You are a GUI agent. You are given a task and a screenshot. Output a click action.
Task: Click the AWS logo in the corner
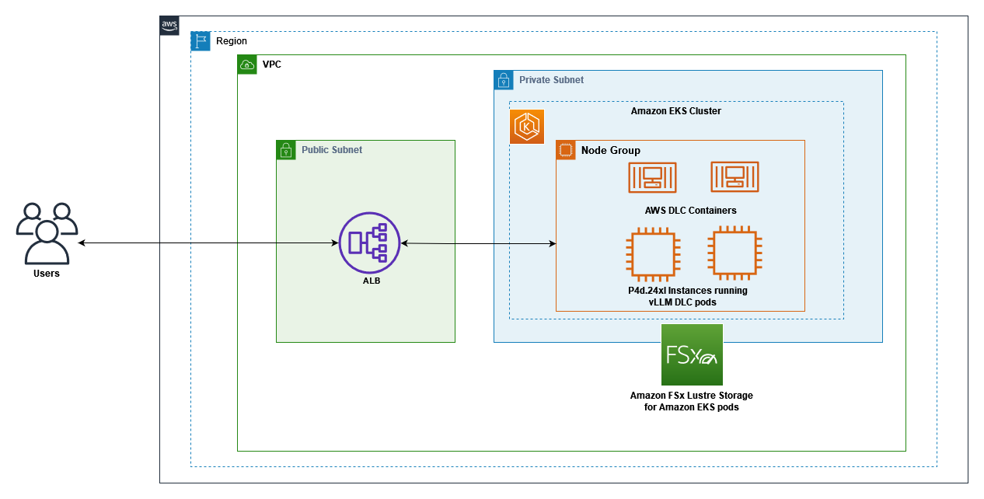169,26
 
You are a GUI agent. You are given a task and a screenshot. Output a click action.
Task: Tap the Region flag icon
201,41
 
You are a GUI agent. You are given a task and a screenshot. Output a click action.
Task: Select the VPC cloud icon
247,65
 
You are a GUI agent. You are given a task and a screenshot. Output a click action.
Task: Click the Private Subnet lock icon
504,80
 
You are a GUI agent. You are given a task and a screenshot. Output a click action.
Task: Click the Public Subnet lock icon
286,150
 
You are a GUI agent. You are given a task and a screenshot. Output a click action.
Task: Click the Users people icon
47,233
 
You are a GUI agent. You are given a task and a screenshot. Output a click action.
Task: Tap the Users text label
47,274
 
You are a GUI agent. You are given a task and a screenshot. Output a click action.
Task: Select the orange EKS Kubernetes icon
527,127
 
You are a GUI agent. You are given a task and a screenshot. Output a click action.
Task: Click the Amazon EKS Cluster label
675,111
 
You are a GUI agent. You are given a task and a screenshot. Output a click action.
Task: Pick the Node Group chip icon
566,150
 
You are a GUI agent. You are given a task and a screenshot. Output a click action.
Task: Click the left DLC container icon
651,177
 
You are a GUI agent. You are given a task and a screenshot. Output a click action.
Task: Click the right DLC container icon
735,177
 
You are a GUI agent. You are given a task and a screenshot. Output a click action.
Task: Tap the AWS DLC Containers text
690,211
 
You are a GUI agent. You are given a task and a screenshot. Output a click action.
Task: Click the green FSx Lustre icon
692,355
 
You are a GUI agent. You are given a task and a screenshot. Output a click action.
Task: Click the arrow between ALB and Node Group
478,244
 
